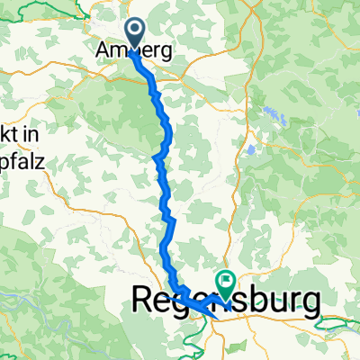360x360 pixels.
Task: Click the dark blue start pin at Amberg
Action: (133, 33)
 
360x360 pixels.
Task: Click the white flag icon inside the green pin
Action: (223, 281)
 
